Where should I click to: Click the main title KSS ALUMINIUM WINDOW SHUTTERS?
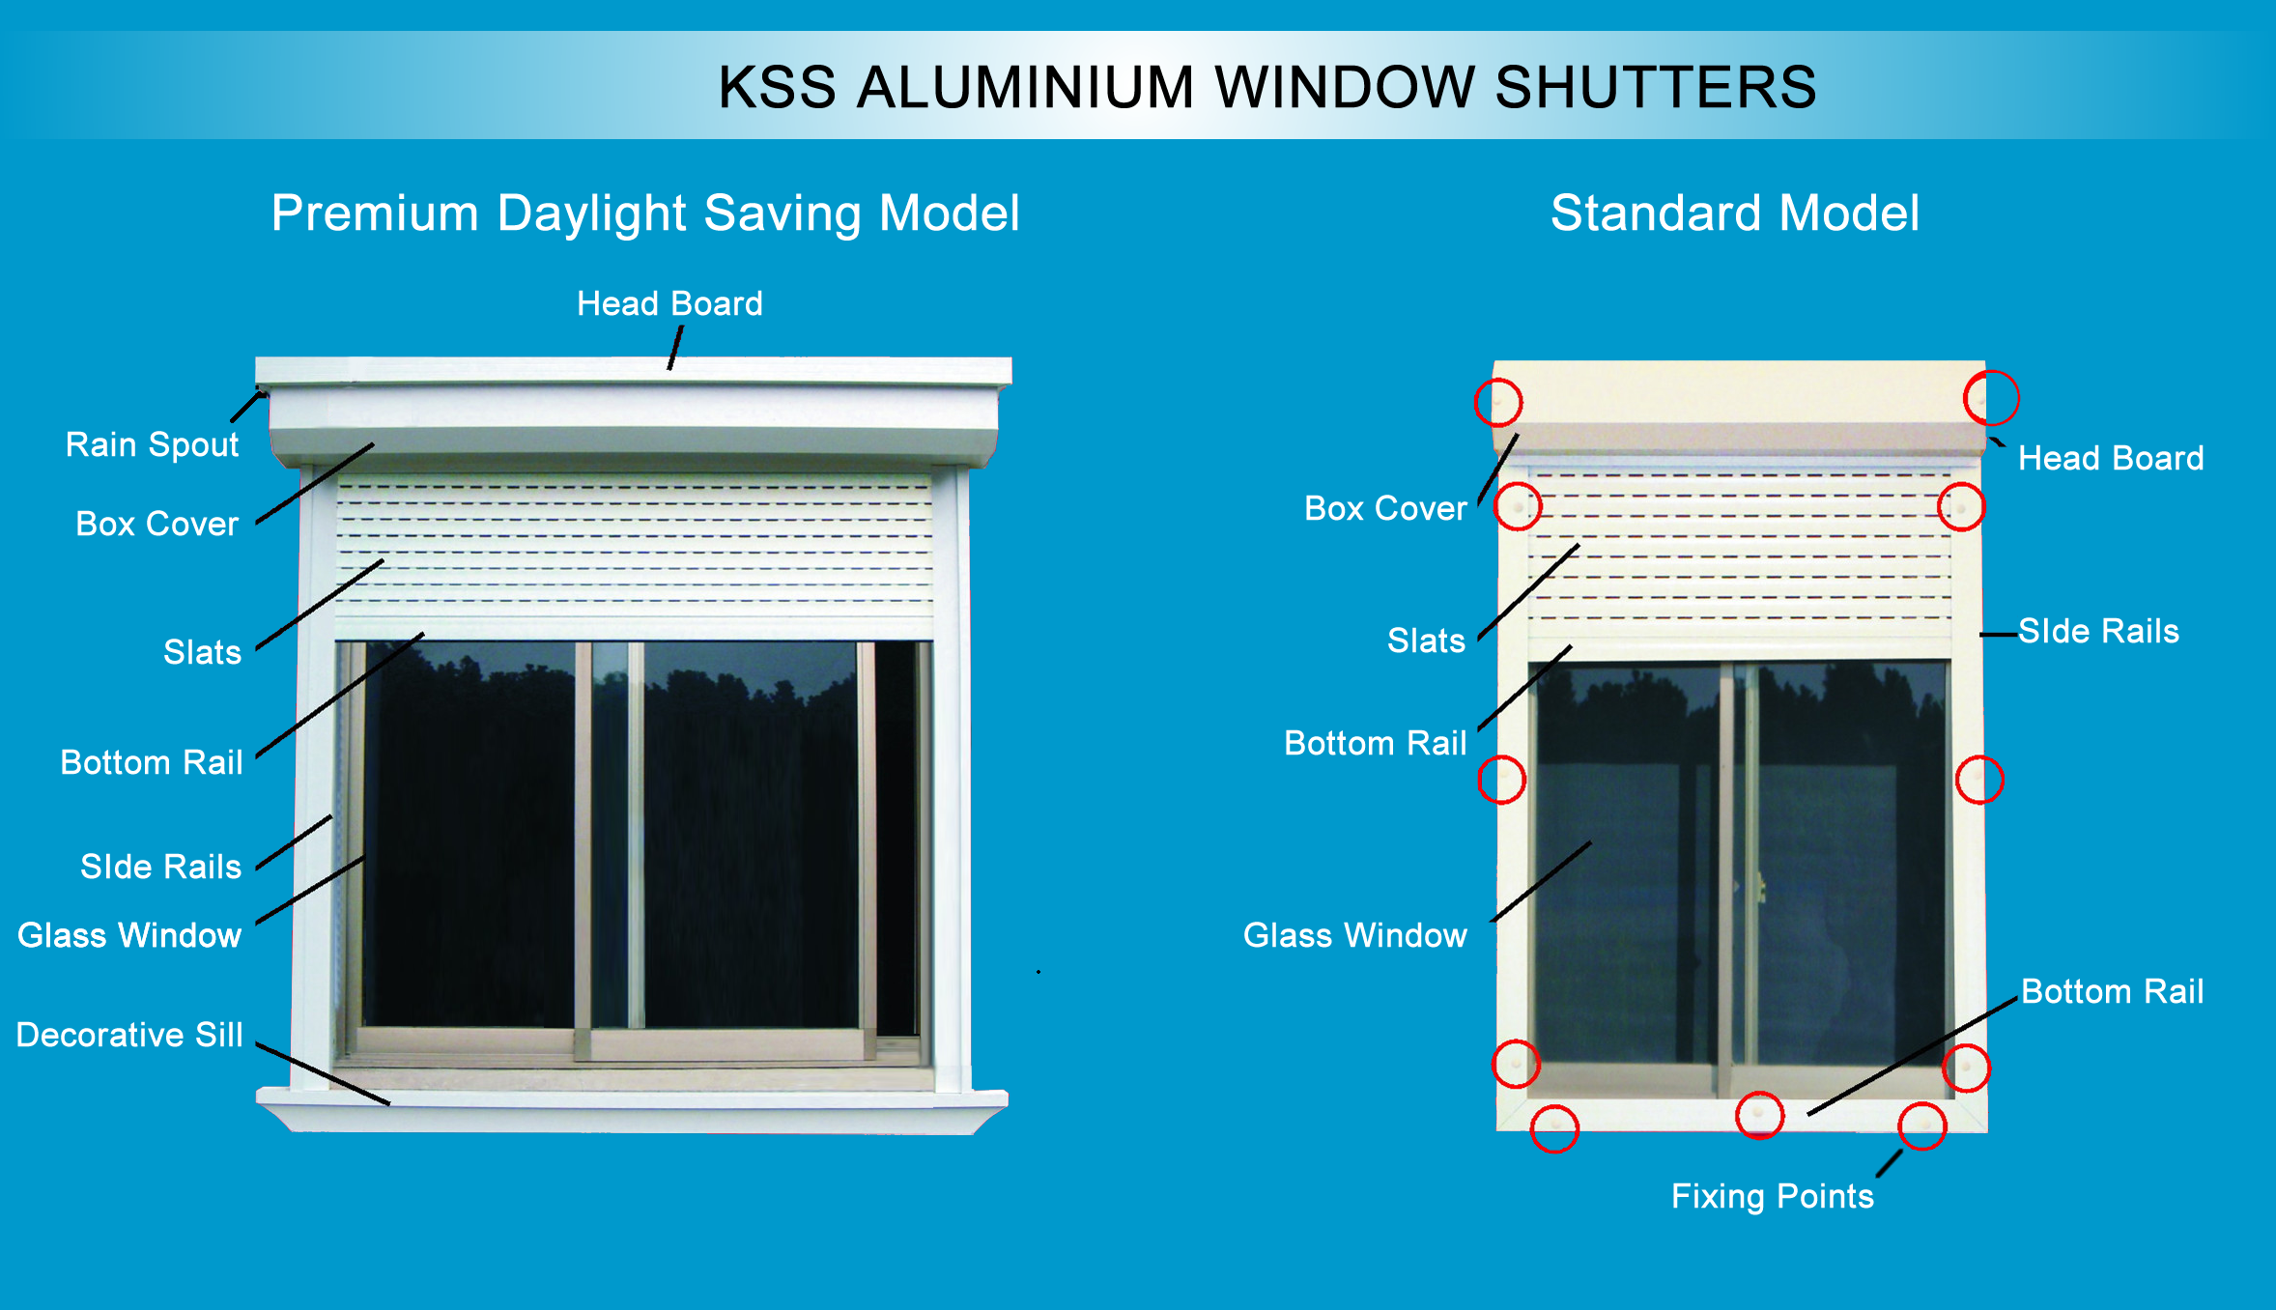click(1267, 87)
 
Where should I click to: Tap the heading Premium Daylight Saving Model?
click(645, 214)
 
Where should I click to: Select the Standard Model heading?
click(1735, 213)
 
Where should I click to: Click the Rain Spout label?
click(152, 445)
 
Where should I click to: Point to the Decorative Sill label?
click(129, 1035)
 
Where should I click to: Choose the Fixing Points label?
click(1773, 1197)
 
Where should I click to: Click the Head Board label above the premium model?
click(669, 303)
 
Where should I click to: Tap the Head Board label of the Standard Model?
click(2111, 458)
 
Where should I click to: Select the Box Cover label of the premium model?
click(156, 524)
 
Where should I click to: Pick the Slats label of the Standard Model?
click(1426, 641)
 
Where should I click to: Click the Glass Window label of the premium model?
click(129, 935)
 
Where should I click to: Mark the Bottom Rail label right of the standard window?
click(2113, 991)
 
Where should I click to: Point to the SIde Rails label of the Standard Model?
click(2098, 631)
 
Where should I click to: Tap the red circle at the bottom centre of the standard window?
click(1759, 1093)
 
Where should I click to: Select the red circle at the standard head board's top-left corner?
click(1498, 380)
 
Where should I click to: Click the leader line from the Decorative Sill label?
click(323, 1073)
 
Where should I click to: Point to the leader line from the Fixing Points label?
click(1889, 1163)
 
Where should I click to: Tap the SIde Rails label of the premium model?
click(160, 867)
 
